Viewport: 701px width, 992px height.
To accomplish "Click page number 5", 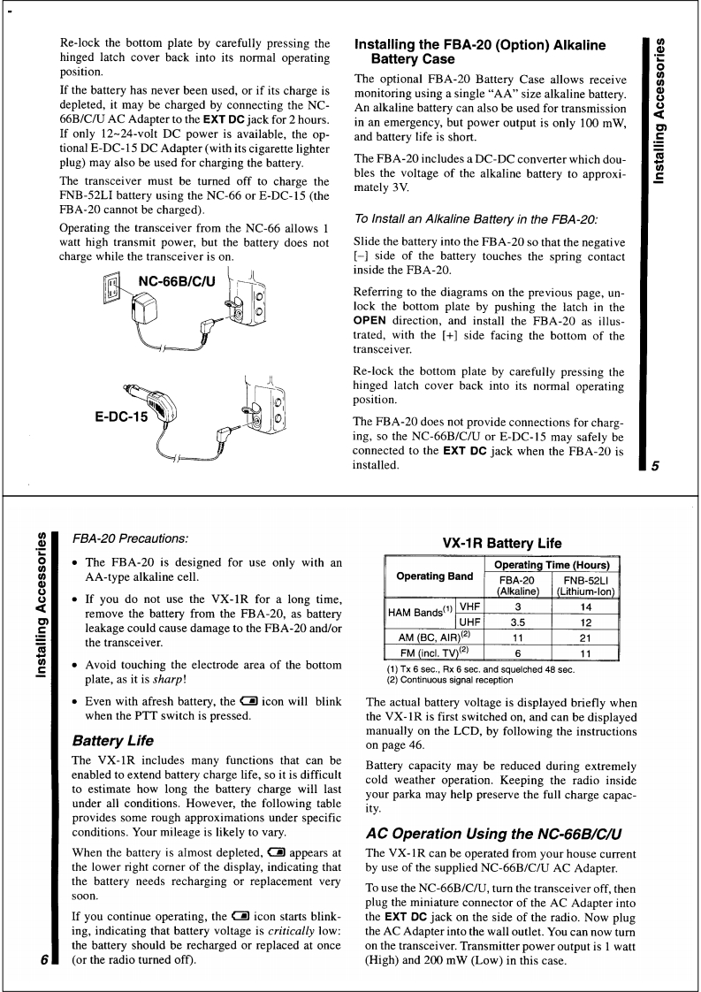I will [x=656, y=467].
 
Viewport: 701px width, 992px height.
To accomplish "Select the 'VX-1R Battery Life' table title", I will [x=501, y=544].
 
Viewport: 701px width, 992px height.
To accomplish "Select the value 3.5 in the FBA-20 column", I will [x=520, y=622].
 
